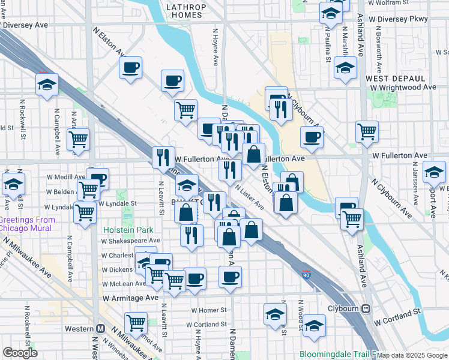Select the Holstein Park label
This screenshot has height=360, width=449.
[x=128, y=230]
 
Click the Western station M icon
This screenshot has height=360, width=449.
[x=101, y=329]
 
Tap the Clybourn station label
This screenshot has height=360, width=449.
[x=342, y=308]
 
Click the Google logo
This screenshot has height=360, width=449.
[x=20, y=353]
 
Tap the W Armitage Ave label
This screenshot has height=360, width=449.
[x=130, y=298]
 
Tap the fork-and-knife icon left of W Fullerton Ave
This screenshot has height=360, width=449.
[x=163, y=158]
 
